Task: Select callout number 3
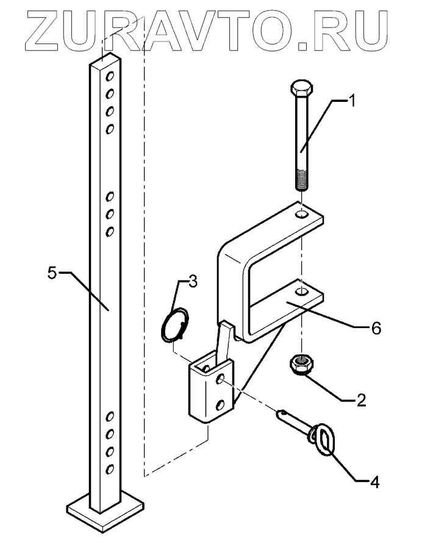pos(192,281)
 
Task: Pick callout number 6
pos(376,328)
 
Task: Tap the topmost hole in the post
pos(111,77)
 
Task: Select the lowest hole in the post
pos(111,468)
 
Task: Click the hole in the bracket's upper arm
pos(301,215)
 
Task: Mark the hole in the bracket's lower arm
pos(301,292)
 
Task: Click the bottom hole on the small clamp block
pos(221,404)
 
